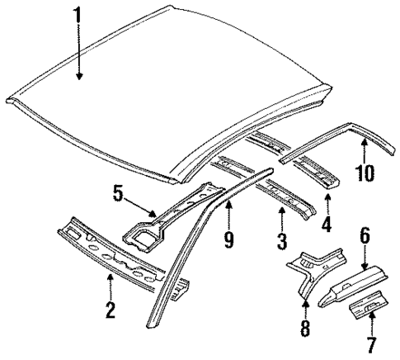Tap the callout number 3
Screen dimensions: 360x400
tap(281, 242)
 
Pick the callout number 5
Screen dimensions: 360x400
tap(119, 196)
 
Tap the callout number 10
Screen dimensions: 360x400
tap(365, 173)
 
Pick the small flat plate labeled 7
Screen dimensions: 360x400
tap(369, 310)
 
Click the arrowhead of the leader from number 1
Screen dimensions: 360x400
tap(79, 79)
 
